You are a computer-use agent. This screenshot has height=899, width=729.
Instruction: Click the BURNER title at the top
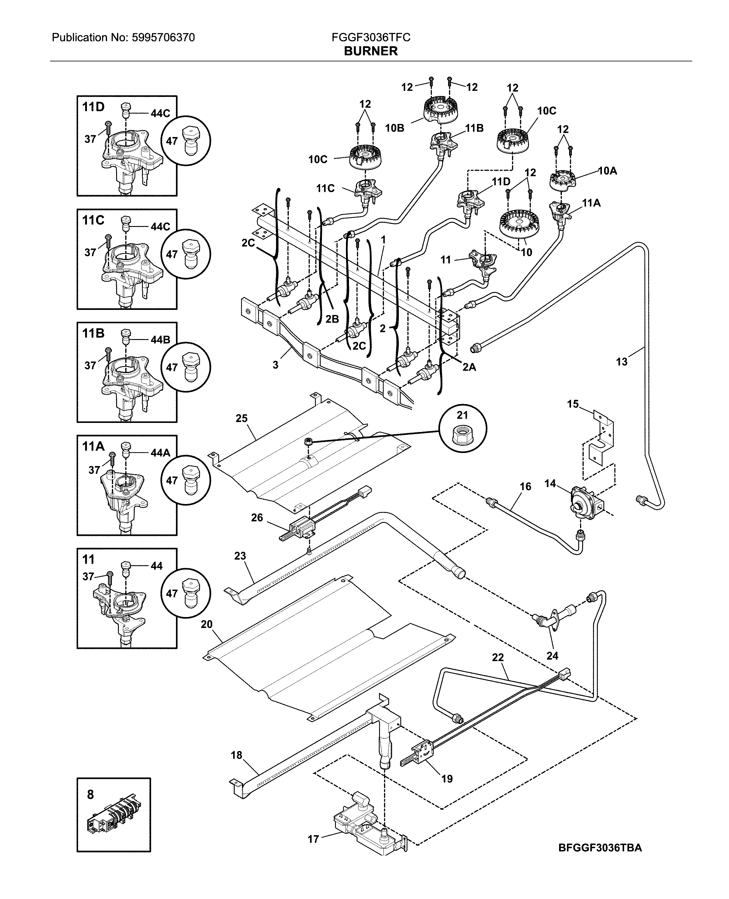[370, 51]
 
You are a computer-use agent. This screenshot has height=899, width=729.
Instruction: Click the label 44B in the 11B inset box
[160, 340]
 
